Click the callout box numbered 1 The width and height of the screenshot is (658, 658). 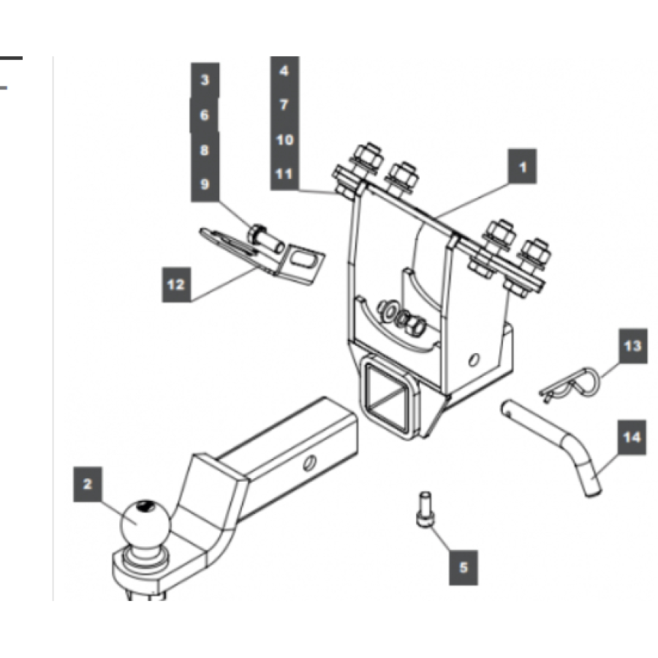(x=522, y=167)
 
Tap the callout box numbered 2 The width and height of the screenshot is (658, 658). (x=88, y=485)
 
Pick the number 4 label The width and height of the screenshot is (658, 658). (x=284, y=71)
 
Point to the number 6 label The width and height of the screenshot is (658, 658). (x=205, y=115)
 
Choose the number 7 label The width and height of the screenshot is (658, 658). (x=284, y=105)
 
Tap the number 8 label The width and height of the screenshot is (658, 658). (x=205, y=150)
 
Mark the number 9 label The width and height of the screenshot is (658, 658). (x=205, y=184)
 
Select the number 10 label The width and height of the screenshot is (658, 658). (x=284, y=139)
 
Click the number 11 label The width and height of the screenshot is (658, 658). (x=284, y=174)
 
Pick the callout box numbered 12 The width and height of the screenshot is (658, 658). (x=176, y=284)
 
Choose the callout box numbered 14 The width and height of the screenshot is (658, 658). (x=632, y=437)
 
